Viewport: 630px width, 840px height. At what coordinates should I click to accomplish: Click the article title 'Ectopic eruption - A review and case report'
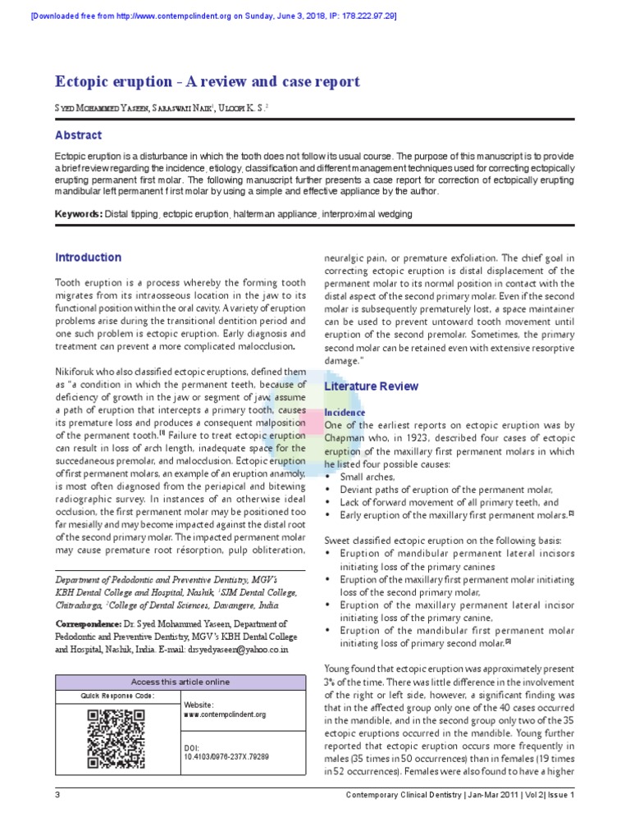click(x=207, y=82)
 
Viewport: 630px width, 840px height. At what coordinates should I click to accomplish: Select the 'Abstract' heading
click(x=78, y=135)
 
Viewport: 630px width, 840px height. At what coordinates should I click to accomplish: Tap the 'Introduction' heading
click(x=88, y=258)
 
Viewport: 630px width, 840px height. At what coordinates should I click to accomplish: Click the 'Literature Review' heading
click(x=372, y=386)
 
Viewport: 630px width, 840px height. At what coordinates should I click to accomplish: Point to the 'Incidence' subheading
click(x=345, y=412)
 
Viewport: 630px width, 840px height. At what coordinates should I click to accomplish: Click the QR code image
click(x=116, y=739)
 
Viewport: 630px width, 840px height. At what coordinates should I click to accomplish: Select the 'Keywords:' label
click(x=79, y=214)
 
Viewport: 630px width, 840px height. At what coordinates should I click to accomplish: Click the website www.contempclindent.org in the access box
click(x=225, y=714)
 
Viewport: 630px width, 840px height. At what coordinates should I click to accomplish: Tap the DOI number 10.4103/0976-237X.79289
click(x=227, y=757)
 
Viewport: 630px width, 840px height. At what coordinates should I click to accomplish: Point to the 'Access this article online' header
click(x=181, y=682)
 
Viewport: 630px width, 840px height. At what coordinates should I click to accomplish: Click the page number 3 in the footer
click(x=57, y=795)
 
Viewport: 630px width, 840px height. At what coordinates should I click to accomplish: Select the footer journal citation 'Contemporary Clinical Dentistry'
click(x=409, y=795)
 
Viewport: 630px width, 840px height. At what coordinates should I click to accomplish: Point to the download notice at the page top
click(x=213, y=16)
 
